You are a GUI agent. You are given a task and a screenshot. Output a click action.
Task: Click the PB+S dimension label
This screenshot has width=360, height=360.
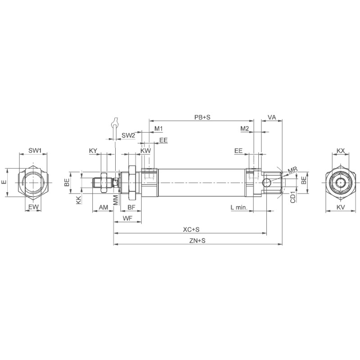pyautogui.click(x=202, y=117)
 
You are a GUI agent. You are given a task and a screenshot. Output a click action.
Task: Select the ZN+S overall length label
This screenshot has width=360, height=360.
pyautogui.click(x=197, y=241)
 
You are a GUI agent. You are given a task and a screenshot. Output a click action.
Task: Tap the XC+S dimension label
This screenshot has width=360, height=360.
pyautogui.click(x=191, y=229)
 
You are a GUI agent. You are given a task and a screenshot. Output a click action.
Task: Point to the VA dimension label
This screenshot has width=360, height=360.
pyautogui.click(x=272, y=117)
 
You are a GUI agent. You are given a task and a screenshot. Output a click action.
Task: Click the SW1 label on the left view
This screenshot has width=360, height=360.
pyautogui.click(x=35, y=150)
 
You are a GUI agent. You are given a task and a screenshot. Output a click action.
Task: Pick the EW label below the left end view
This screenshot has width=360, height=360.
pyautogui.click(x=33, y=207)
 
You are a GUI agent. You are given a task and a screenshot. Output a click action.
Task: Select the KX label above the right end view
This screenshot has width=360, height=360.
pyautogui.click(x=341, y=150)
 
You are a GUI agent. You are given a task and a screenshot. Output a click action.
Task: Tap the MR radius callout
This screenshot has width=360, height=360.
pyautogui.click(x=292, y=170)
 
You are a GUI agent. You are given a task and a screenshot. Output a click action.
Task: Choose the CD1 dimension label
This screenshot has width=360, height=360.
pyautogui.click(x=292, y=197)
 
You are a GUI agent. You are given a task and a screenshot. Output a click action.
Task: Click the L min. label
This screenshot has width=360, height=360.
pyautogui.click(x=238, y=207)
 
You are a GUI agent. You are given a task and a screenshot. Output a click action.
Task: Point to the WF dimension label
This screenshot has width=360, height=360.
pyautogui.click(x=128, y=218)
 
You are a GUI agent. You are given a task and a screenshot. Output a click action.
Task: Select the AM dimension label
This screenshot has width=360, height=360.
pyautogui.click(x=103, y=207)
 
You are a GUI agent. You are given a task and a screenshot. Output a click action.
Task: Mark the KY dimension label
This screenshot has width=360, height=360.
pyautogui.click(x=93, y=150)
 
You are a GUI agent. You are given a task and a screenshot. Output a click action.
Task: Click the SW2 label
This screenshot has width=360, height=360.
pyautogui.click(x=128, y=135)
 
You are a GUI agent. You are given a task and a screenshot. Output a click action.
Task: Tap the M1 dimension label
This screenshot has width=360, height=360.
pyautogui.click(x=158, y=129)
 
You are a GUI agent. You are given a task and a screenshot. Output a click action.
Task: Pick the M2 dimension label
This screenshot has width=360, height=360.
pyautogui.click(x=244, y=129)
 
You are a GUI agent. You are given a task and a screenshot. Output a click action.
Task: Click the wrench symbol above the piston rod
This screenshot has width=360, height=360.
pyautogui.click(x=115, y=122)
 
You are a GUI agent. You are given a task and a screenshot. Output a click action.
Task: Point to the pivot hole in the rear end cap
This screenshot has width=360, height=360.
pyautogui.click(x=267, y=182)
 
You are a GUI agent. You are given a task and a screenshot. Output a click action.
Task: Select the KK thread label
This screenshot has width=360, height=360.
pyautogui.click(x=79, y=200)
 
